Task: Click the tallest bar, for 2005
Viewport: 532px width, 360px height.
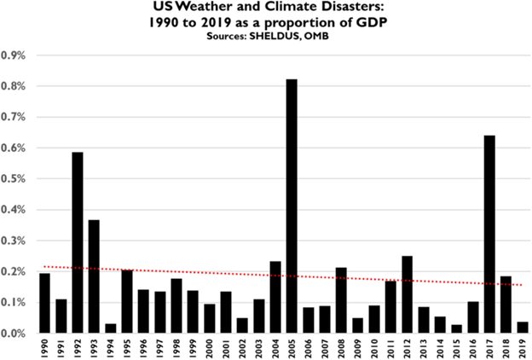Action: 292,206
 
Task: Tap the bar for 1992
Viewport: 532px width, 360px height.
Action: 78,242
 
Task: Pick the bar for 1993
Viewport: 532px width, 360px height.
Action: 94,276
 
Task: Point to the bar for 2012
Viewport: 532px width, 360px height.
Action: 408,294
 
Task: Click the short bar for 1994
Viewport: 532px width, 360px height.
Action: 111,328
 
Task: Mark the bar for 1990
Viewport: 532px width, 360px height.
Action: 44,303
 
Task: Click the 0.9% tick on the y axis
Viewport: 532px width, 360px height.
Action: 14,55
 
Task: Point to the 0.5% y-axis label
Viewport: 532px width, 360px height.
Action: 14,179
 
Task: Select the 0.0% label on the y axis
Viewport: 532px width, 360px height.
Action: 14,334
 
